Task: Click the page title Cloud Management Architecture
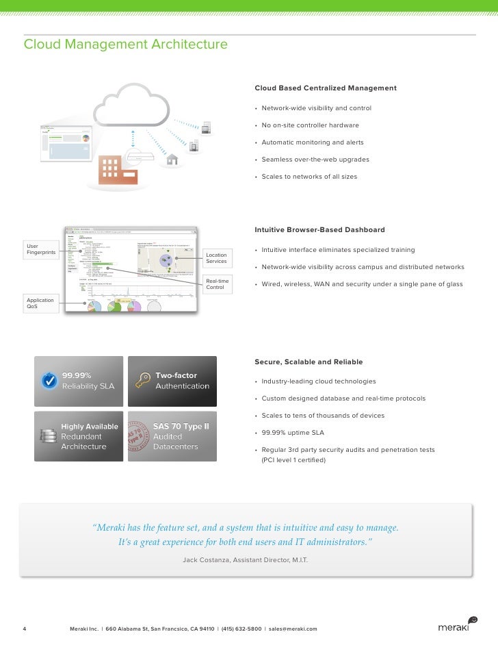(126, 45)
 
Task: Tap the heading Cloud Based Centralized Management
(325, 88)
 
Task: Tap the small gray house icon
(172, 160)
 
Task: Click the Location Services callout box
(217, 258)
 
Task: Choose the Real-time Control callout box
(217, 283)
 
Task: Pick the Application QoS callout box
(41, 304)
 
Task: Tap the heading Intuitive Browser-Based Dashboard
(319, 230)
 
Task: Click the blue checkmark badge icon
(49, 380)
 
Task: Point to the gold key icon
(143, 381)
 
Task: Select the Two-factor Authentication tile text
(182, 381)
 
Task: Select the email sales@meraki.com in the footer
(293, 629)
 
